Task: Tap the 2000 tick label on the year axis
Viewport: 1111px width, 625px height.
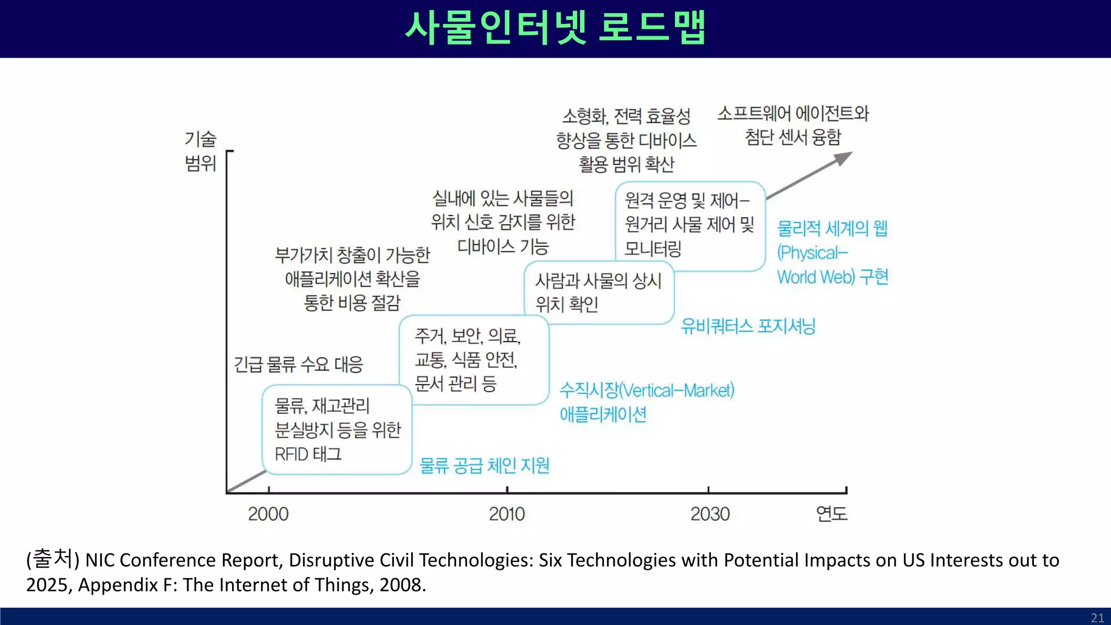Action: pos(268,513)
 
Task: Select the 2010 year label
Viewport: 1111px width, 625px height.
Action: pos(507,513)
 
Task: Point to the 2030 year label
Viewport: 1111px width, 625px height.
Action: pos(710,513)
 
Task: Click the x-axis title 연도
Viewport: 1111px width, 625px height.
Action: pos(831,513)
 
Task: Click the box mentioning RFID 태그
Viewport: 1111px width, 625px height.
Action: pos(337,430)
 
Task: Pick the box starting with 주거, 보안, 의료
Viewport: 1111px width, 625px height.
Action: pos(474,360)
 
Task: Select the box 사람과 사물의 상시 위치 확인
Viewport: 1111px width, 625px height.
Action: pos(599,292)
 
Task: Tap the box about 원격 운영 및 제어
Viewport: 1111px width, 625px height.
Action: pos(689,225)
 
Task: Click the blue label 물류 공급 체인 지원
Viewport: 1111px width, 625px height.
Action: pos(484,465)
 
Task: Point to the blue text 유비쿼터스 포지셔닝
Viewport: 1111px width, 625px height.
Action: pos(748,326)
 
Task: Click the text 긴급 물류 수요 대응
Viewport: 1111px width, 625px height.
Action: pos(298,364)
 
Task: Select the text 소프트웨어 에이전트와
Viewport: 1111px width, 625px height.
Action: pos(793,113)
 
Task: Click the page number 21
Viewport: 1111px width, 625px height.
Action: pos(1097,617)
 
